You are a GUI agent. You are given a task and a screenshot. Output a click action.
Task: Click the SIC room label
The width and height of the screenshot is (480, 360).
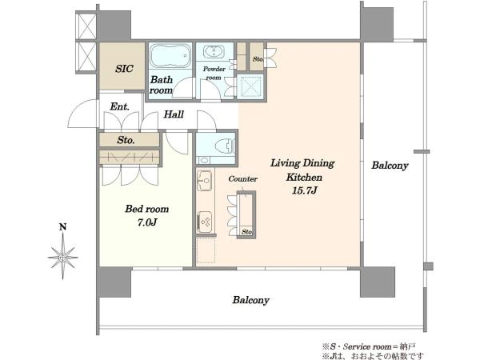click(x=124, y=69)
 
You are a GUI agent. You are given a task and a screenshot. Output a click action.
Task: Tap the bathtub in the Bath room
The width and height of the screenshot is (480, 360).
click(x=170, y=55)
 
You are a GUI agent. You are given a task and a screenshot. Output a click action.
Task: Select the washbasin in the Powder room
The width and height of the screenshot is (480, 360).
click(x=214, y=51)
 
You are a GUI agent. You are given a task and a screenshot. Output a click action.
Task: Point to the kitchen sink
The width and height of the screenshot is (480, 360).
click(x=205, y=180)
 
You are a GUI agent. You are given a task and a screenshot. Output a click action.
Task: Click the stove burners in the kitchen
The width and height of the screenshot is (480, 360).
click(x=205, y=222)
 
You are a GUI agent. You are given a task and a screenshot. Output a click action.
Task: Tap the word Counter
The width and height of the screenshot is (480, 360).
click(x=242, y=179)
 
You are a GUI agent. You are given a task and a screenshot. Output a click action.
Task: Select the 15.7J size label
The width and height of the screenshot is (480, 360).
click(x=305, y=190)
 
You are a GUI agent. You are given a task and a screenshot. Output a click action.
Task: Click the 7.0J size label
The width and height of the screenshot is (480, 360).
click(x=147, y=222)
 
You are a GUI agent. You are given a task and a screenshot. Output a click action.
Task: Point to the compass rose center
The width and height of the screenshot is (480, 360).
click(x=62, y=258)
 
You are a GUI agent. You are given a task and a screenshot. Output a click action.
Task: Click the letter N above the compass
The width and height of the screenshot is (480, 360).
click(x=62, y=227)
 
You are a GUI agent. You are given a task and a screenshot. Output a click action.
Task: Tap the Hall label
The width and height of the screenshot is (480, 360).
click(x=174, y=114)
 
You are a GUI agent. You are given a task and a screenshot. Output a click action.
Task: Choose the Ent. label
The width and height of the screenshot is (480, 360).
click(x=119, y=106)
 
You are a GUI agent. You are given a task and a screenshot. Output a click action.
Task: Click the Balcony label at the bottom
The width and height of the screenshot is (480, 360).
click(x=250, y=300)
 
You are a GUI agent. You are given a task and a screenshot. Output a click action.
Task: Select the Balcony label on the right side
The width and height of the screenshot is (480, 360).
click(x=390, y=166)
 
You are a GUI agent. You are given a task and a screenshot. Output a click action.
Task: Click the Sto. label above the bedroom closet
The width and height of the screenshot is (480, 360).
click(x=126, y=140)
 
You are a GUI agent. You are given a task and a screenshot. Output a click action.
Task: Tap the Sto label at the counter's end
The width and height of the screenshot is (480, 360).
click(x=246, y=232)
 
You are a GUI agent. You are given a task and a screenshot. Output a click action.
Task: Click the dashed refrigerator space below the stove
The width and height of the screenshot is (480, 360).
click(x=206, y=250)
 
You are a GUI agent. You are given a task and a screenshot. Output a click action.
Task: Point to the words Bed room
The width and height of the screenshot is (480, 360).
click(x=147, y=209)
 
